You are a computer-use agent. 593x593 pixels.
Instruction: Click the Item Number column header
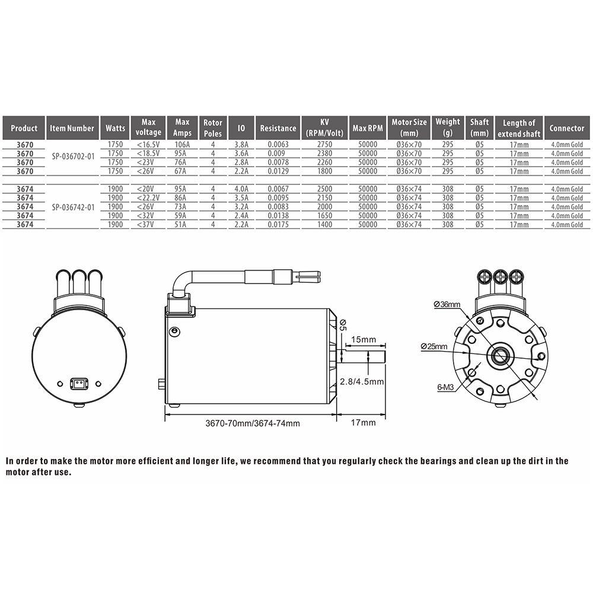click(72, 128)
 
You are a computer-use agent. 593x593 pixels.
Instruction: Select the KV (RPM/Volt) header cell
click(324, 128)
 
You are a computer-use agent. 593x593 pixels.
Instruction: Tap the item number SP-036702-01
click(74, 157)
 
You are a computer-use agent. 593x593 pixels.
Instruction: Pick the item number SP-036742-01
click(74, 207)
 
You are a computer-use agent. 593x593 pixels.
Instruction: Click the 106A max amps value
click(182, 145)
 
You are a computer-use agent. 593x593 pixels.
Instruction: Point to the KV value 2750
click(324, 145)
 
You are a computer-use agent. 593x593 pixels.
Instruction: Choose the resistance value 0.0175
click(278, 224)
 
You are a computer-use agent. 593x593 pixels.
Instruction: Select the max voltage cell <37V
click(148, 224)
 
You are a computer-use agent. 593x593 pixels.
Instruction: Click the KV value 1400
click(324, 224)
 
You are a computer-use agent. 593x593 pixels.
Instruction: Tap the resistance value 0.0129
click(278, 171)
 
